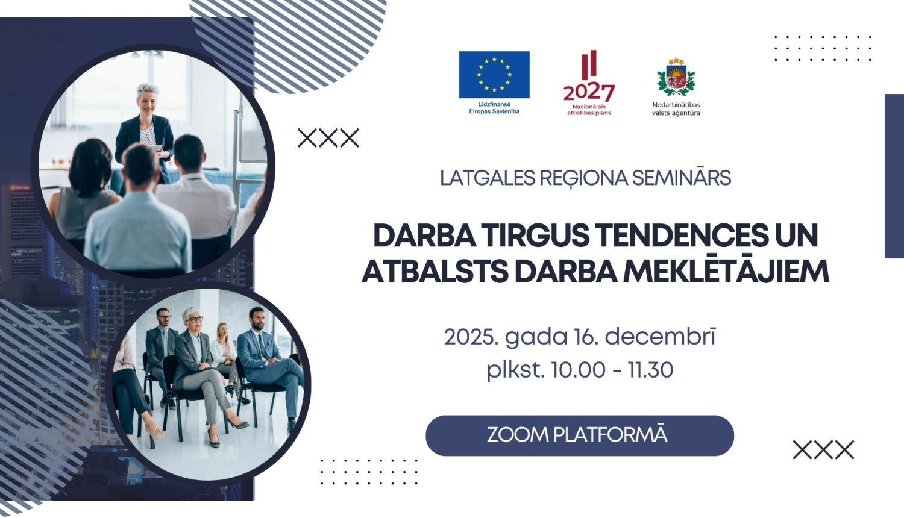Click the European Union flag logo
coord(494,75)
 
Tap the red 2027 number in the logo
coord(589,92)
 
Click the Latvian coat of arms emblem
coord(676,78)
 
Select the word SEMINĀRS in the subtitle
coord(681,178)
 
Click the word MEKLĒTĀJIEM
coord(726,272)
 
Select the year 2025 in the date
coord(471,337)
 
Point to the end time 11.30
coord(650,370)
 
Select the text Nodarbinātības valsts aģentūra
coord(676,109)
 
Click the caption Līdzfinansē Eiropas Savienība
coord(494,108)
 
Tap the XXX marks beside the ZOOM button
coord(823,450)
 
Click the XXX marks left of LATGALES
coord(328,138)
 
